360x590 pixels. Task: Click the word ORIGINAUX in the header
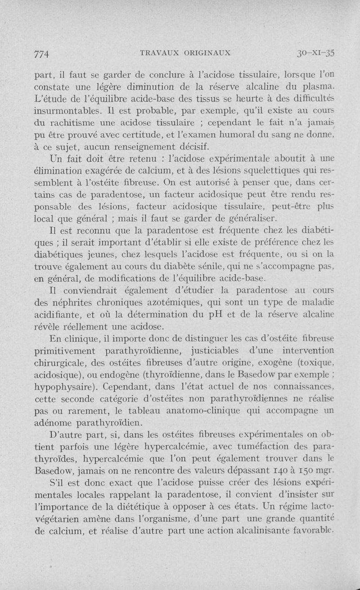click(207, 52)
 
